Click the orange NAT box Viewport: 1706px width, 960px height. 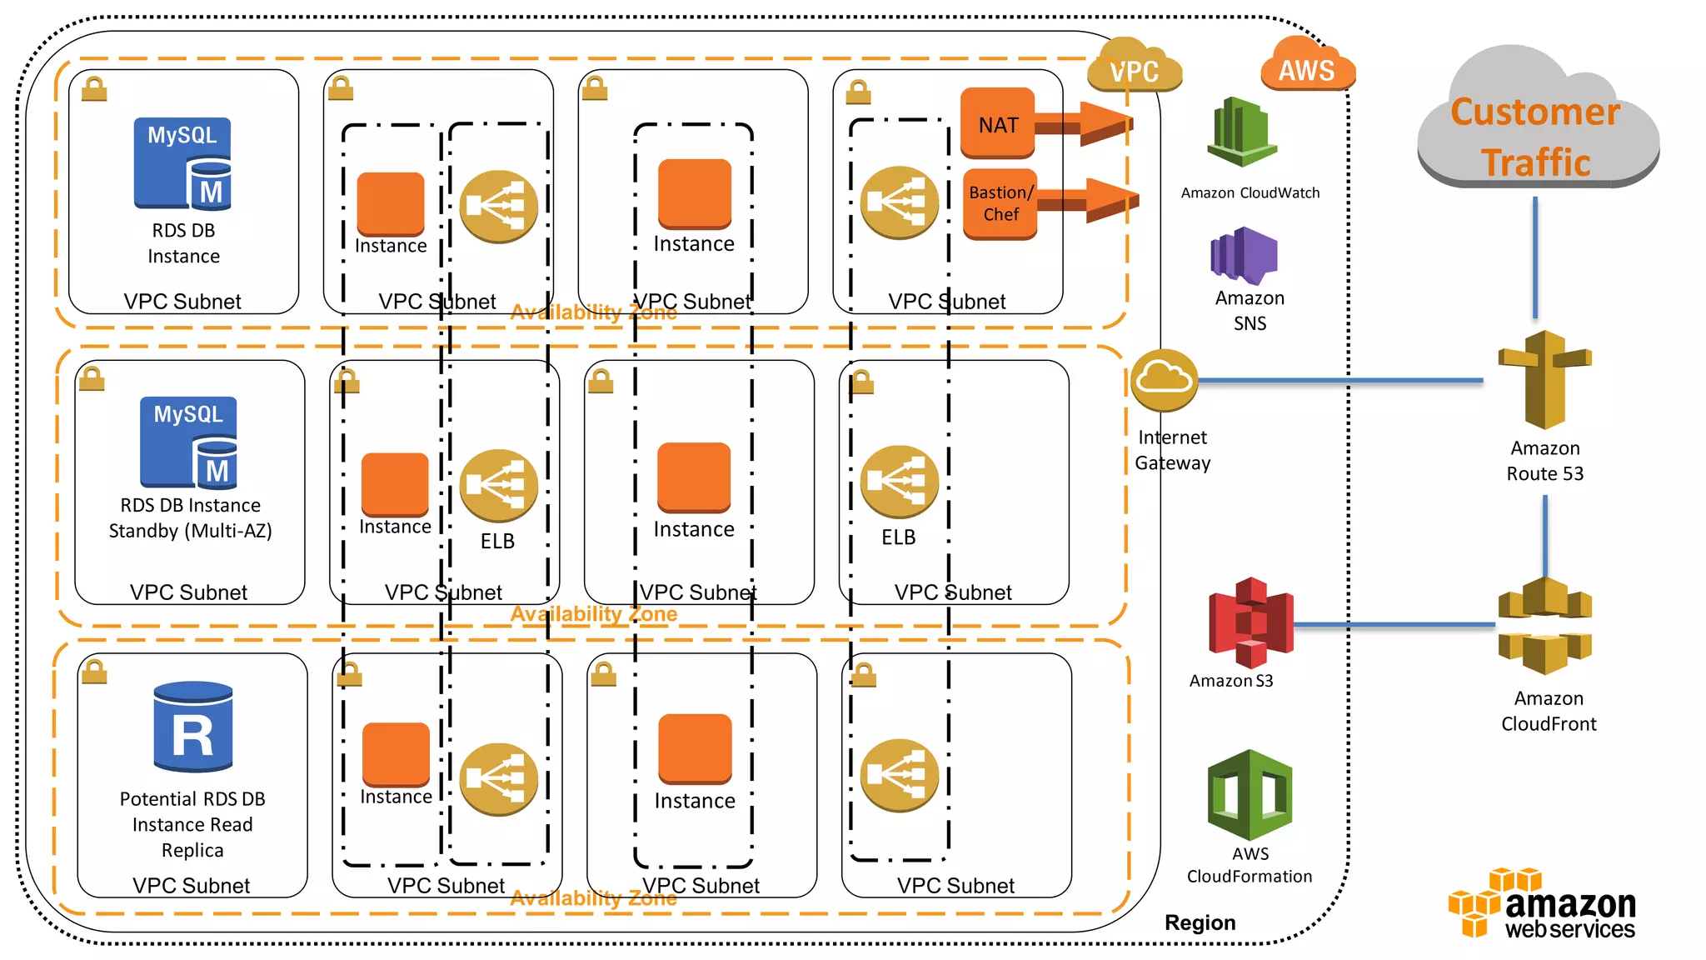997,123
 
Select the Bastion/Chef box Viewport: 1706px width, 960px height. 1000,203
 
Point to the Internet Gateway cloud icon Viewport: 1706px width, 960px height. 1165,380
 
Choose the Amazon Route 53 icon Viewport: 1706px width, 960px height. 1544,380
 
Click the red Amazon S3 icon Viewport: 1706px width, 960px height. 1250,622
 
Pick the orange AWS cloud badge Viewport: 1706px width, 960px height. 1306,67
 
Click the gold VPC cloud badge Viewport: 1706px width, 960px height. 1134,68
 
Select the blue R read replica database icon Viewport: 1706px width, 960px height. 193,727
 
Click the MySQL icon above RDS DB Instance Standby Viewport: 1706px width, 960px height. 189,442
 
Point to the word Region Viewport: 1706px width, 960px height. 1200,922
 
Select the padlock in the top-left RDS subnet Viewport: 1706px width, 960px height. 94,89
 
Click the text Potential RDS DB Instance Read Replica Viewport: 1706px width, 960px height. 192,824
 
